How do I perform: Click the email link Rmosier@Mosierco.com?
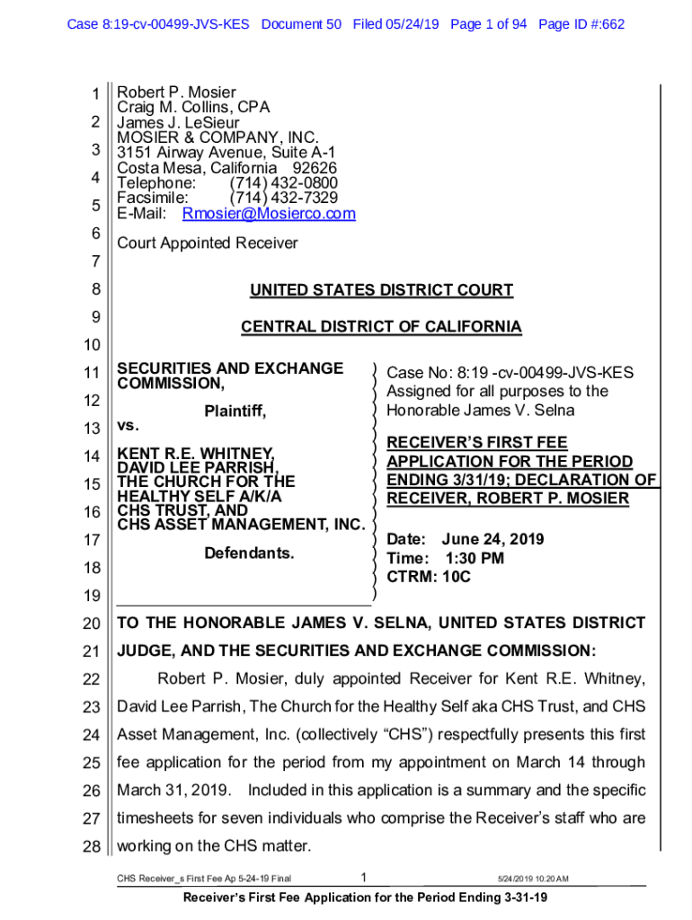(x=269, y=214)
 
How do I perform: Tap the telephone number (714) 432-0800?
(x=283, y=183)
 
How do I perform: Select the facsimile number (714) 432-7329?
(x=283, y=198)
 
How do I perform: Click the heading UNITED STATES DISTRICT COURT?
(x=381, y=290)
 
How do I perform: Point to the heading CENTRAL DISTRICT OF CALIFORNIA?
(x=381, y=327)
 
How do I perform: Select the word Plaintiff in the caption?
(x=235, y=411)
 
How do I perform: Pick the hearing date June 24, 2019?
(x=492, y=540)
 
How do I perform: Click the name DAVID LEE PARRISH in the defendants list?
(x=198, y=468)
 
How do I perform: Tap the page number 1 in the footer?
(x=361, y=877)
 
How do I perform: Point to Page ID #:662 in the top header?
(x=581, y=24)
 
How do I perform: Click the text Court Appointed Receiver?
(x=208, y=243)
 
